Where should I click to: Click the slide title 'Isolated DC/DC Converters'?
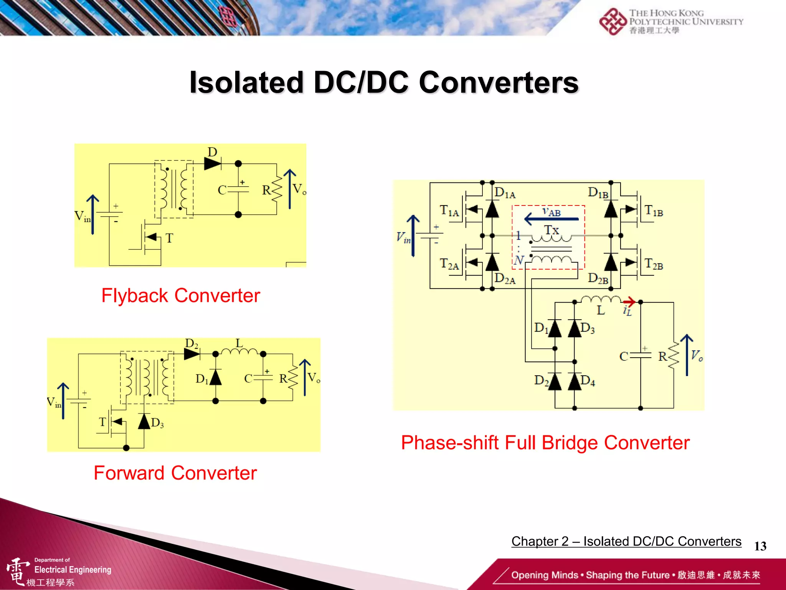click(384, 83)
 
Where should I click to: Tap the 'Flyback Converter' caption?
click(180, 296)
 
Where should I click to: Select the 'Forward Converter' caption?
click(175, 473)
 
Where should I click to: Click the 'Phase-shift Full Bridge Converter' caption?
click(545, 442)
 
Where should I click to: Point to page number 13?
click(760, 546)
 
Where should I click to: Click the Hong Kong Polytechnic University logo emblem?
click(613, 22)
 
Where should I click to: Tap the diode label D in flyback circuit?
click(212, 152)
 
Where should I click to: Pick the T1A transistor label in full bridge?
click(449, 211)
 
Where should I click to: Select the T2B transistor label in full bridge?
click(654, 264)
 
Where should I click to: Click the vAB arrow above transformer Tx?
click(551, 219)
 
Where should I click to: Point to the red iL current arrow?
click(629, 302)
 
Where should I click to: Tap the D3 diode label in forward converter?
click(157, 423)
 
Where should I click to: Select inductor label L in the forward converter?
click(239, 343)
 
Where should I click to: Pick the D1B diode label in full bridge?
click(598, 193)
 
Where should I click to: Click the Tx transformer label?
click(552, 230)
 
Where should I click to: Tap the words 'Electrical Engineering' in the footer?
click(73, 570)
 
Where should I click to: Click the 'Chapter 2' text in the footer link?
click(540, 541)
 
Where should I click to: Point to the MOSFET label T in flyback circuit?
click(169, 238)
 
